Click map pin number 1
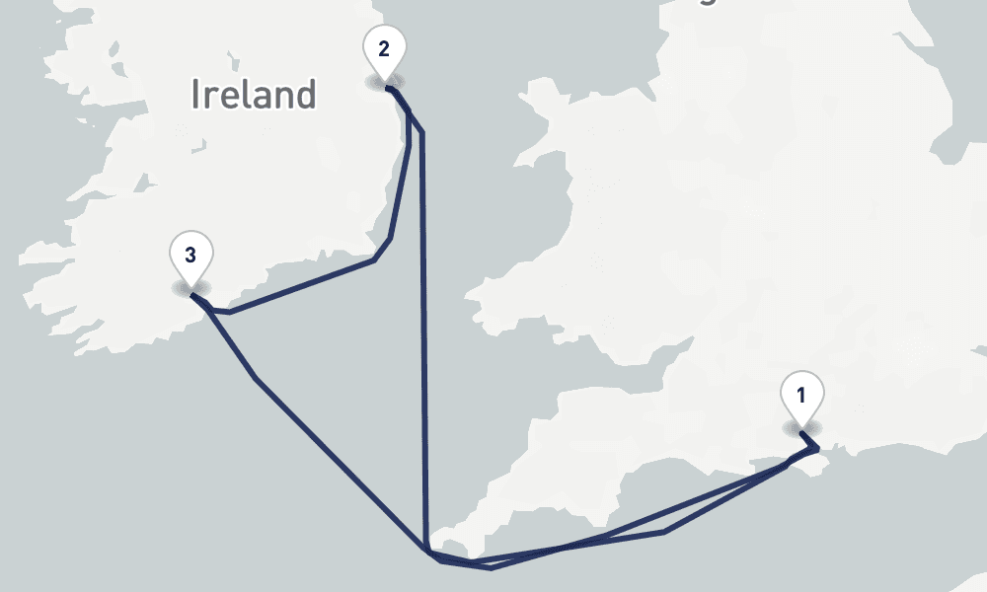(801, 397)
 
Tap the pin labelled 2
(384, 48)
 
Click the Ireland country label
(254, 95)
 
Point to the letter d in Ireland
(305, 95)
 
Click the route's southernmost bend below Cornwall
(491, 567)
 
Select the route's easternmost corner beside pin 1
(818, 450)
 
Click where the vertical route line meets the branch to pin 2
(422, 131)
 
